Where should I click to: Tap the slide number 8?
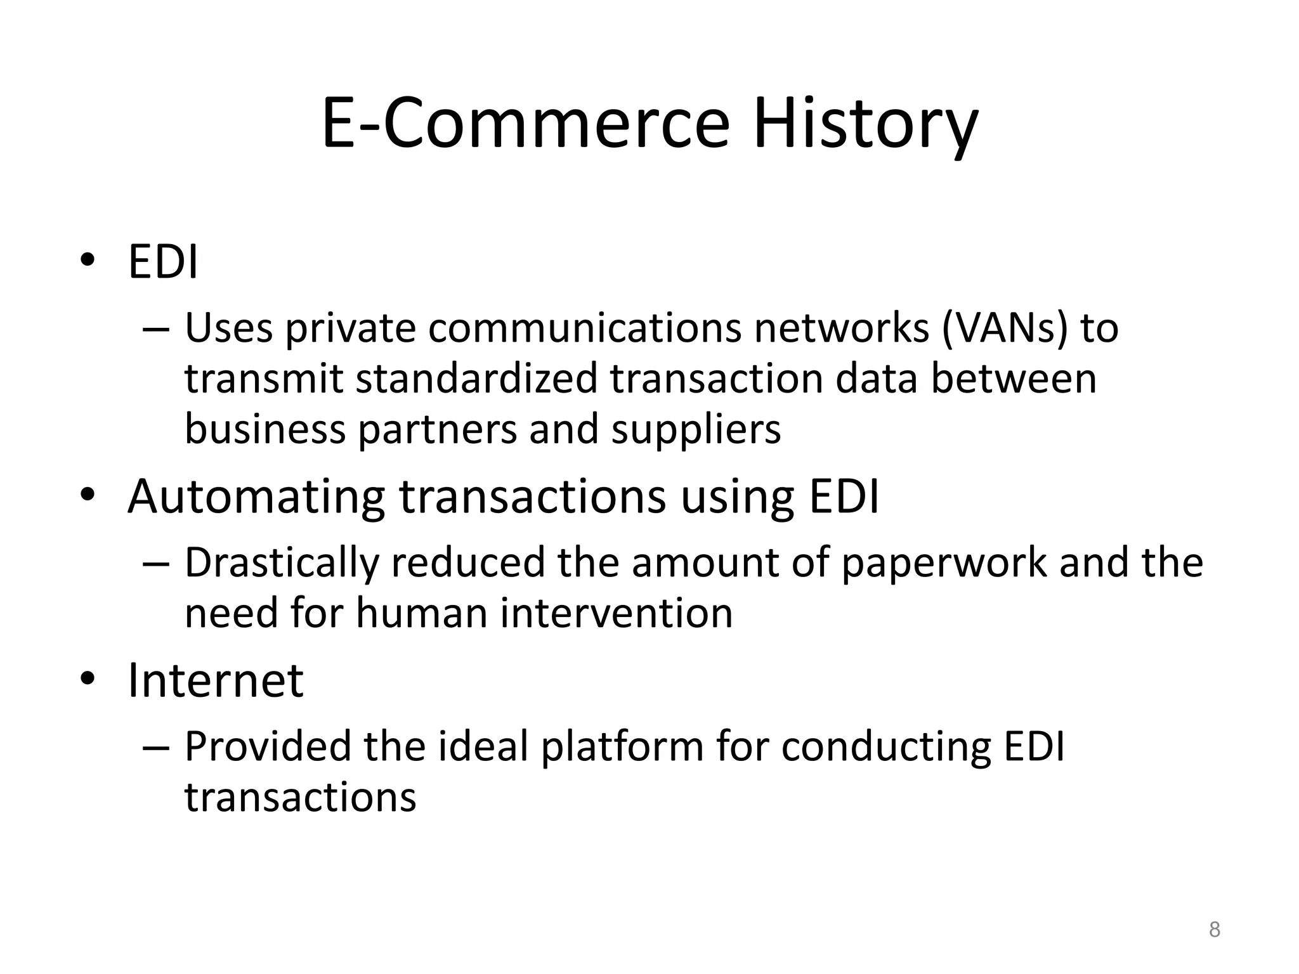[1214, 930]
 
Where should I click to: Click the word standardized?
[476, 379]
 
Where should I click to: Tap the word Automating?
[256, 497]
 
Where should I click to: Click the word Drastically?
[282, 562]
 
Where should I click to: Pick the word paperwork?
[944, 562]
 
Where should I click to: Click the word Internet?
[216, 680]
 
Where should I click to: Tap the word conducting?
[885, 746]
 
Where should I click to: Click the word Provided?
[267, 746]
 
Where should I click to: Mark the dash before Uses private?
[156, 329]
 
